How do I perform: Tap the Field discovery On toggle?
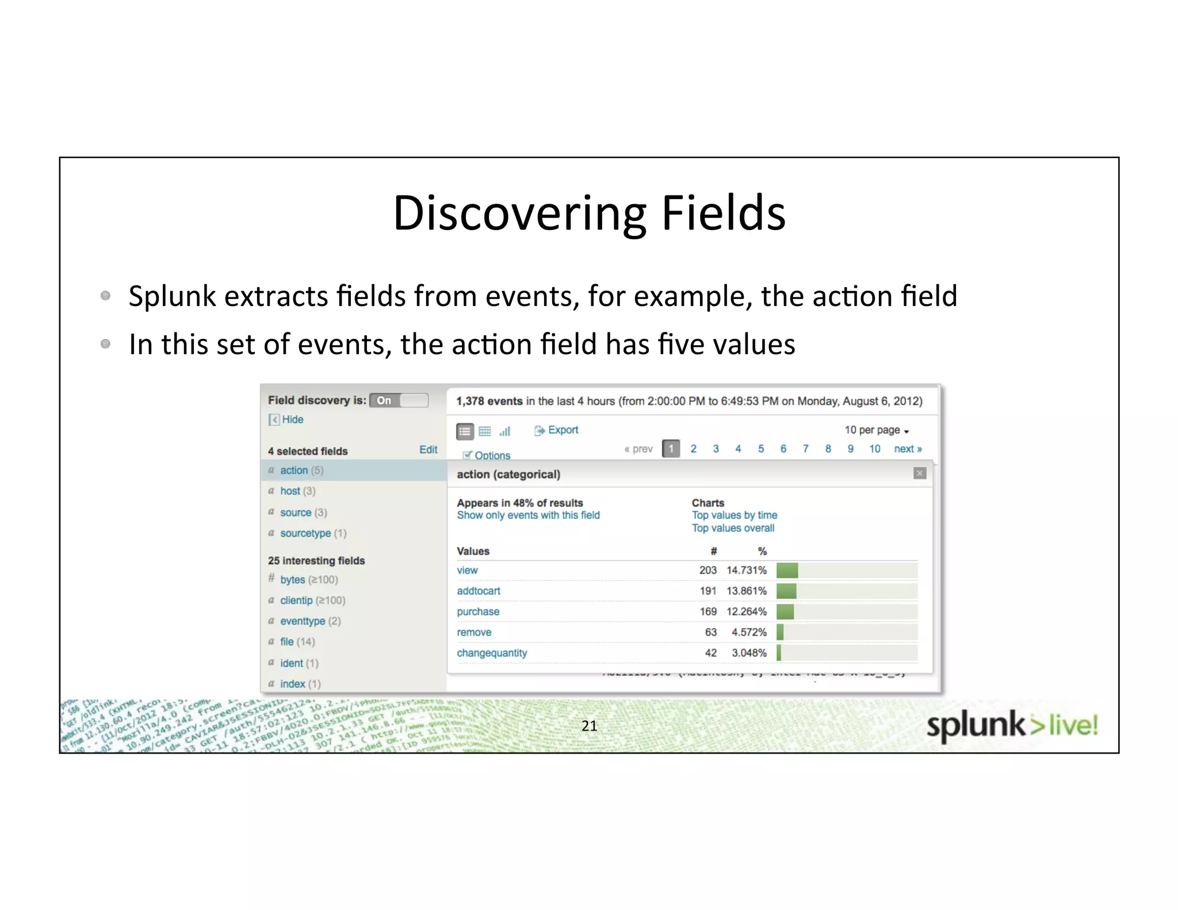[x=399, y=400]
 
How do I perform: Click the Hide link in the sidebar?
[x=292, y=419]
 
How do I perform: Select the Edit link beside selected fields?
[x=428, y=450]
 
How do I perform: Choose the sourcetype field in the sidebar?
[x=305, y=533]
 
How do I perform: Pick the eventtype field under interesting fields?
[x=303, y=621]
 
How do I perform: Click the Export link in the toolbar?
[x=563, y=430]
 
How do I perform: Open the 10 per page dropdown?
[x=876, y=430]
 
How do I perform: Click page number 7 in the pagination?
[x=805, y=449]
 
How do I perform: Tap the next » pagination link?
[x=908, y=449]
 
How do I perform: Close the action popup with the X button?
[x=920, y=473]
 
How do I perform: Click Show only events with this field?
[x=528, y=515]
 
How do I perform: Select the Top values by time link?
[x=734, y=515]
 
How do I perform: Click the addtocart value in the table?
[x=479, y=591]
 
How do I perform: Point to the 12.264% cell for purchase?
[x=746, y=611]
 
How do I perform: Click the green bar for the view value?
[x=787, y=571]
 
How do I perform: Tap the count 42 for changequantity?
[x=710, y=653]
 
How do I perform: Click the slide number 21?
[x=589, y=726]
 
